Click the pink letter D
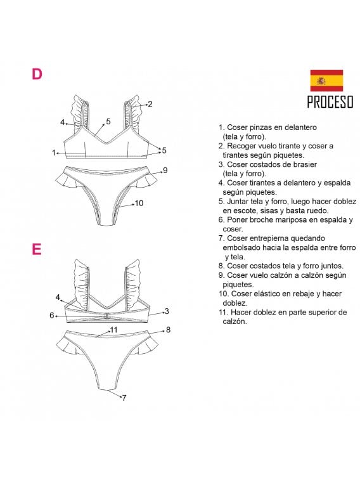pos(37,74)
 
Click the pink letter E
pos(37,249)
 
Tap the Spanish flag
pos(326,81)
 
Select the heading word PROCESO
pos(330,102)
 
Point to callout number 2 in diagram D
pos(150,104)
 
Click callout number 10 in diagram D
pos(139,204)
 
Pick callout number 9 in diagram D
pos(165,170)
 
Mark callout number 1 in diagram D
pos(55,152)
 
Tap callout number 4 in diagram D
pos(63,122)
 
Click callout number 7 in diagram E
pos(124,398)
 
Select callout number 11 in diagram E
pos(113,330)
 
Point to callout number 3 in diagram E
pos(166,311)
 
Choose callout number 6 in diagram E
pos(52,315)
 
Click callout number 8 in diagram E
pos(168,330)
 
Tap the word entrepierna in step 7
pos(267,238)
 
